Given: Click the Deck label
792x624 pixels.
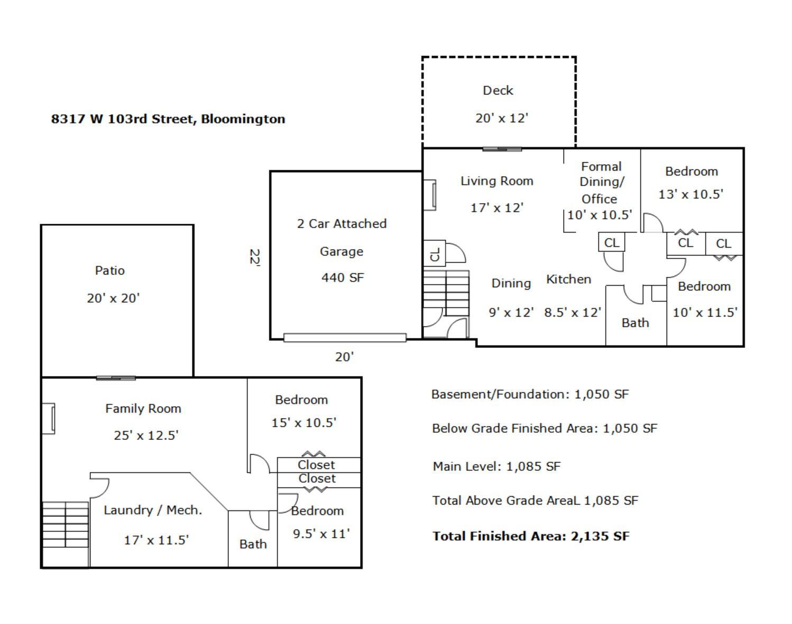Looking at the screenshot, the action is tap(498, 90).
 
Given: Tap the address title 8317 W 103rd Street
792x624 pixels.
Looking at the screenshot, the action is tap(123, 119).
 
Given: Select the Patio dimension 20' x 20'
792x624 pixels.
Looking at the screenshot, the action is tap(113, 298).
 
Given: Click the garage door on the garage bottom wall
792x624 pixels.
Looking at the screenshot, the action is tap(345, 337).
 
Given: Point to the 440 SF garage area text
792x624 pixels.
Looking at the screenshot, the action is tap(343, 277).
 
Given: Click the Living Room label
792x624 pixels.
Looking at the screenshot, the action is tap(497, 181).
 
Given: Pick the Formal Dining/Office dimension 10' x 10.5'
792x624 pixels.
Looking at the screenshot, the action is tap(600, 215).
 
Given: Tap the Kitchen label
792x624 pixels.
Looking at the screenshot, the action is tap(568, 279).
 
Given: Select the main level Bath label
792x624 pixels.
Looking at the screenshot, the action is tap(635, 323).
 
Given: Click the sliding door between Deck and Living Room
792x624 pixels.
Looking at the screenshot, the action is tap(502, 149).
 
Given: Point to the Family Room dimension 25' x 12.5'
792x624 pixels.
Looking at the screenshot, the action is tap(146, 435).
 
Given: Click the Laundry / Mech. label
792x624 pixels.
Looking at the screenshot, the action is tap(153, 510).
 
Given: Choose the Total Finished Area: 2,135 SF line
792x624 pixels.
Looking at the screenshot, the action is tap(531, 536).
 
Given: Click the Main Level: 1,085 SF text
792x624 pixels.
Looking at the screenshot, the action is tap(496, 466).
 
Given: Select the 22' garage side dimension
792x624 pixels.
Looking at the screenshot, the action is tap(255, 258).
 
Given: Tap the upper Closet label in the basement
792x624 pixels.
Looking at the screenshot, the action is tap(316, 465).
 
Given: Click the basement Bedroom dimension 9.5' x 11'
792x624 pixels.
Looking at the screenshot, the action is tap(321, 534).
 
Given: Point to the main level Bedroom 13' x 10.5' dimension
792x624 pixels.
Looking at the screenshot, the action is tap(691, 194).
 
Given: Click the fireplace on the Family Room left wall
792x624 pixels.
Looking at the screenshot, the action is tap(48, 419).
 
